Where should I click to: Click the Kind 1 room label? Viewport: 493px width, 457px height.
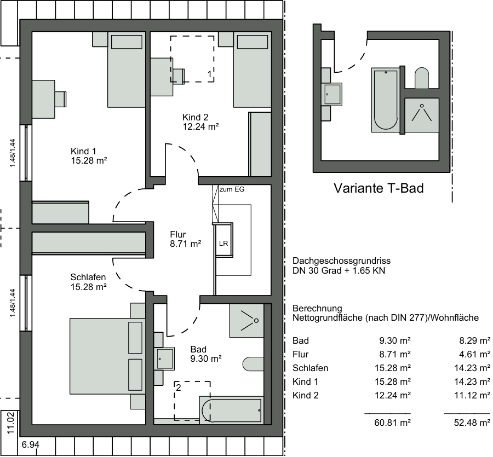(83, 151)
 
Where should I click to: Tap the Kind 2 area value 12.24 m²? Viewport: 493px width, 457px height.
(201, 126)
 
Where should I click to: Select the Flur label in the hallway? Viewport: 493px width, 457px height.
(178, 234)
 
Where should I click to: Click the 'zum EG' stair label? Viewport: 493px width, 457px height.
(232, 189)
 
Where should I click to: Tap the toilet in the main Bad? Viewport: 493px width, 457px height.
(253, 364)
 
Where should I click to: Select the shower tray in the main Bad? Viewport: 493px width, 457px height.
(246, 321)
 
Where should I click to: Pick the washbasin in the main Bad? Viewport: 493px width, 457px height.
(164, 358)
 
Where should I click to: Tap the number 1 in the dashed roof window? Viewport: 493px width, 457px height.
(209, 74)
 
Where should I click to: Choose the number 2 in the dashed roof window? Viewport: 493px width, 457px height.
(179, 388)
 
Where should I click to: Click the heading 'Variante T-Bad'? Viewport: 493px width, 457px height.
(379, 188)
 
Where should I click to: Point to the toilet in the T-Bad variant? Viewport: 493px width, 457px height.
(422, 78)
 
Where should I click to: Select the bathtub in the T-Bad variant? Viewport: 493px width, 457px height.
(386, 100)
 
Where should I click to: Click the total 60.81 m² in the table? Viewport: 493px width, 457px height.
(392, 423)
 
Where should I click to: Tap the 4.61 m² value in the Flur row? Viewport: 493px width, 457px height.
(475, 354)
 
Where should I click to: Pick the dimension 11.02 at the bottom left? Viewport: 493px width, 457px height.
(11, 424)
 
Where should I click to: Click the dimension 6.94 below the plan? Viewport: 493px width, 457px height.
(31, 445)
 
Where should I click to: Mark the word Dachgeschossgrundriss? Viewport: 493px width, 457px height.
(341, 261)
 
